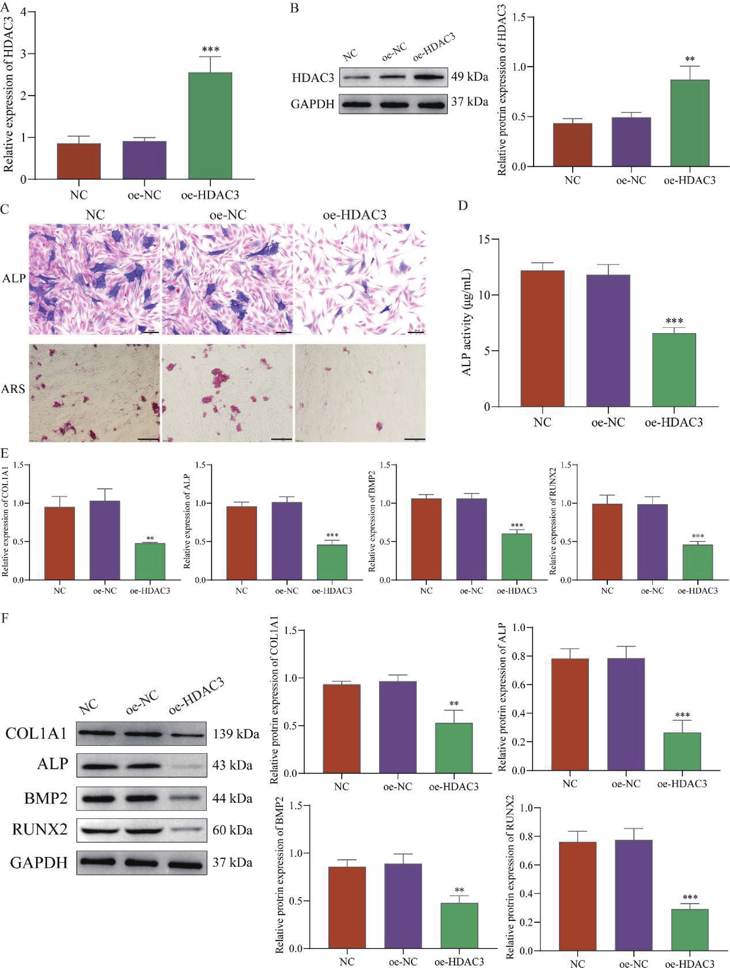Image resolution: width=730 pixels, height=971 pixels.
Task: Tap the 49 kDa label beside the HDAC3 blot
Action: pyautogui.click(x=469, y=77)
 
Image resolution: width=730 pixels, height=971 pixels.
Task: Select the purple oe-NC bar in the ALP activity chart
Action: pyautogui.click(x=608, y=340)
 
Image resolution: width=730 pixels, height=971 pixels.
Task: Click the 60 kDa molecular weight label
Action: pyautogui.click(x=232, y=831)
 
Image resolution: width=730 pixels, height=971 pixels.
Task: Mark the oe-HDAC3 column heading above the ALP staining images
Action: pyautogui.click(x=354, y=215)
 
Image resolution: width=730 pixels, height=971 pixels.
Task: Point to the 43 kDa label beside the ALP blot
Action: pyautogui.click(x=232, y=766)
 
